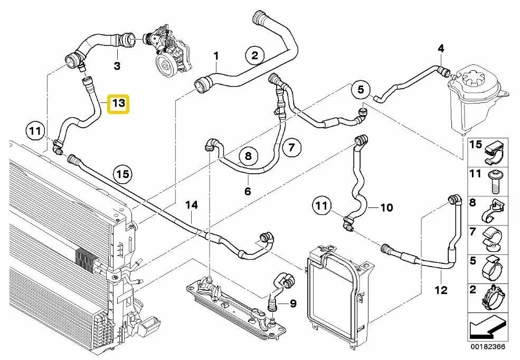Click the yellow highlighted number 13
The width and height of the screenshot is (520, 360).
pos(118,103)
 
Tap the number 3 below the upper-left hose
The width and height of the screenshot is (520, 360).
pos(117,66)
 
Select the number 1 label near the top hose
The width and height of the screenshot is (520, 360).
pos(216,55)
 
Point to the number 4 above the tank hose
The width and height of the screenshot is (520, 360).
pos(441,49)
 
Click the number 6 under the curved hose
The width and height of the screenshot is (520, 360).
pos(247,191)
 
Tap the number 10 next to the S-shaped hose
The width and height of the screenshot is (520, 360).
pos(386,207)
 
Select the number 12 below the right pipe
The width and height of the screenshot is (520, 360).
pos(441,290)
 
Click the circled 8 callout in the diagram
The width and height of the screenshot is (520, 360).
pos(248,156)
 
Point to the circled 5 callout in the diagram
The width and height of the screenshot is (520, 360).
pos(361,90)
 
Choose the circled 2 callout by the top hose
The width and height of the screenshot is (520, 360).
pos(254,55)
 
